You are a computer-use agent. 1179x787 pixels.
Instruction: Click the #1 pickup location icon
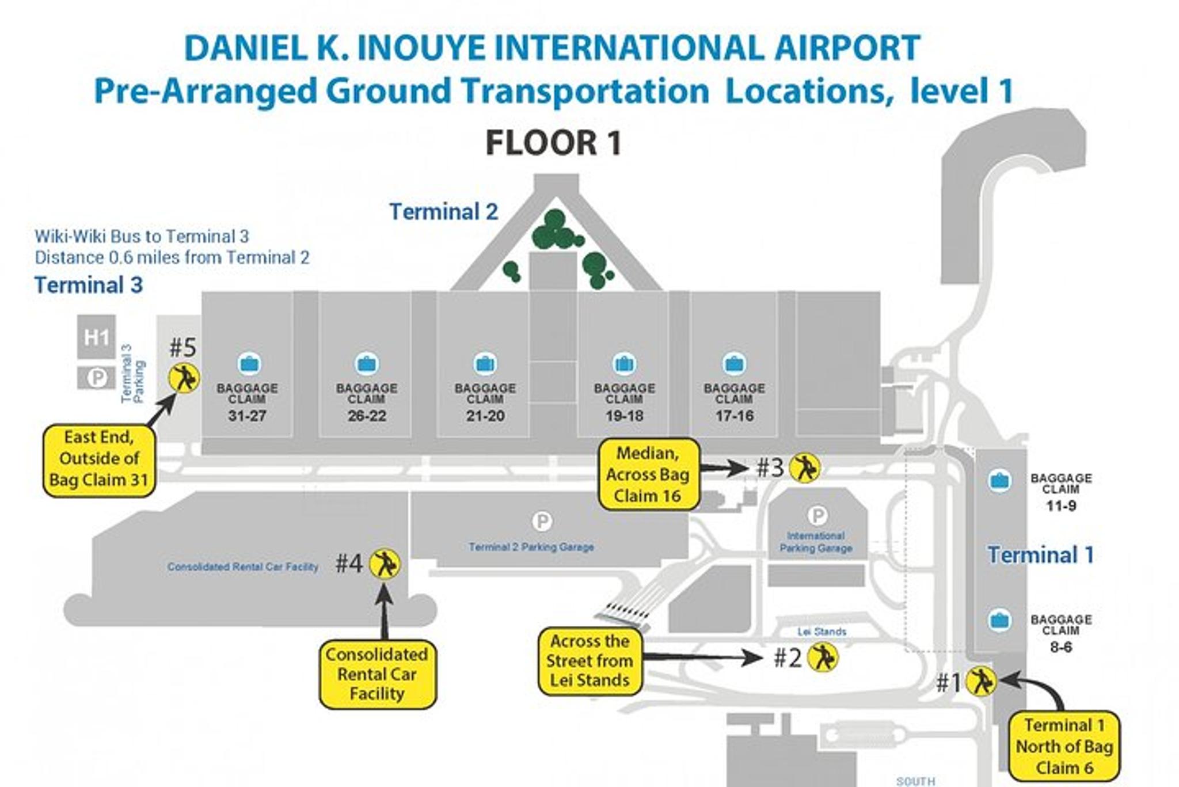(980, 681)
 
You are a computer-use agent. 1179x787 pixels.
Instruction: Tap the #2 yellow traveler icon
(823, 657)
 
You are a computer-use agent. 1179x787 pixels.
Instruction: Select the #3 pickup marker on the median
(804, 467)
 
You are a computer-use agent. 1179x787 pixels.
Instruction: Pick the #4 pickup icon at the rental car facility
(384, 564)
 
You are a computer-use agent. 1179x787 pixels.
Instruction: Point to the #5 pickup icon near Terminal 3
(184, 378)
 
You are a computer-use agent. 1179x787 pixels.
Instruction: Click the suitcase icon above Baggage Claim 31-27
(249, 364)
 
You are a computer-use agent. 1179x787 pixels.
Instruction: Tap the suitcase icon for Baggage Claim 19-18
(624, 364)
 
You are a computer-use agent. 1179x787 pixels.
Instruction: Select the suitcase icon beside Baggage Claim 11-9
(999, 481)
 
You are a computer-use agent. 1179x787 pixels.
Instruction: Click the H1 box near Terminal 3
(96, 337)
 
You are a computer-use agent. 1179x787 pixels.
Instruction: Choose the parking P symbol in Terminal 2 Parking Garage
(541, 522)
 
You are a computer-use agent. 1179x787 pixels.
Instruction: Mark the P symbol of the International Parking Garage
(817, 515)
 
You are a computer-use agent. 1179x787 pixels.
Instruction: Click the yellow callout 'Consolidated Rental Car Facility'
(378, 674)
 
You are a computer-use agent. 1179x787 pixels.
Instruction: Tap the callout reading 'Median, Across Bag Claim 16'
(648, 474)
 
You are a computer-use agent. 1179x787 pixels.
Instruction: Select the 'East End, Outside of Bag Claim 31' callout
(99, 459)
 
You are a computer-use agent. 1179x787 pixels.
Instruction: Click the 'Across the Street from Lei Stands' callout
(589, 660)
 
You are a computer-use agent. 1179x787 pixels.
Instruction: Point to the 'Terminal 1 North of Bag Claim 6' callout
(1064, 746)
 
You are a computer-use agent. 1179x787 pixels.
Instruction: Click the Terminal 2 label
(443, 212)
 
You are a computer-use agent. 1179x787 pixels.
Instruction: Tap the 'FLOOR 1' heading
(553, 143)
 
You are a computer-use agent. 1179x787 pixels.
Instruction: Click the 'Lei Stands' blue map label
(822, 632)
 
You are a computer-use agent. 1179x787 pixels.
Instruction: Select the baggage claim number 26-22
(367, 416)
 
